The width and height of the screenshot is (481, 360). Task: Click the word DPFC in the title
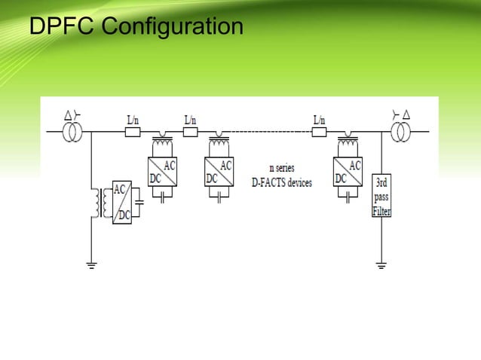[x=62, y=27]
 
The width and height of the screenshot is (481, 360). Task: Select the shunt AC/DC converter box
[x=121, y=202]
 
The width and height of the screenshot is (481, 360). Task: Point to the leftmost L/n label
[x=133, y=119]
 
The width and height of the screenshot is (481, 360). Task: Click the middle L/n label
[x=190, y=119]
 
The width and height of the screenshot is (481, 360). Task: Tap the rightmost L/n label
[x=319, y=119]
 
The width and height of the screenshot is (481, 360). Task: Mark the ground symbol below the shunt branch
[x=91, y=264]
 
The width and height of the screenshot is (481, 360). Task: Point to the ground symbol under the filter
[x=381, y=264]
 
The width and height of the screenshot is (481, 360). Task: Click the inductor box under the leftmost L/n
[x=132, y=131]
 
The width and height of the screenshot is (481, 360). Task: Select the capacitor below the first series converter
[x=163, y=197]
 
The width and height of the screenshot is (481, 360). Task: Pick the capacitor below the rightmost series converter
[x=348, y=197]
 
